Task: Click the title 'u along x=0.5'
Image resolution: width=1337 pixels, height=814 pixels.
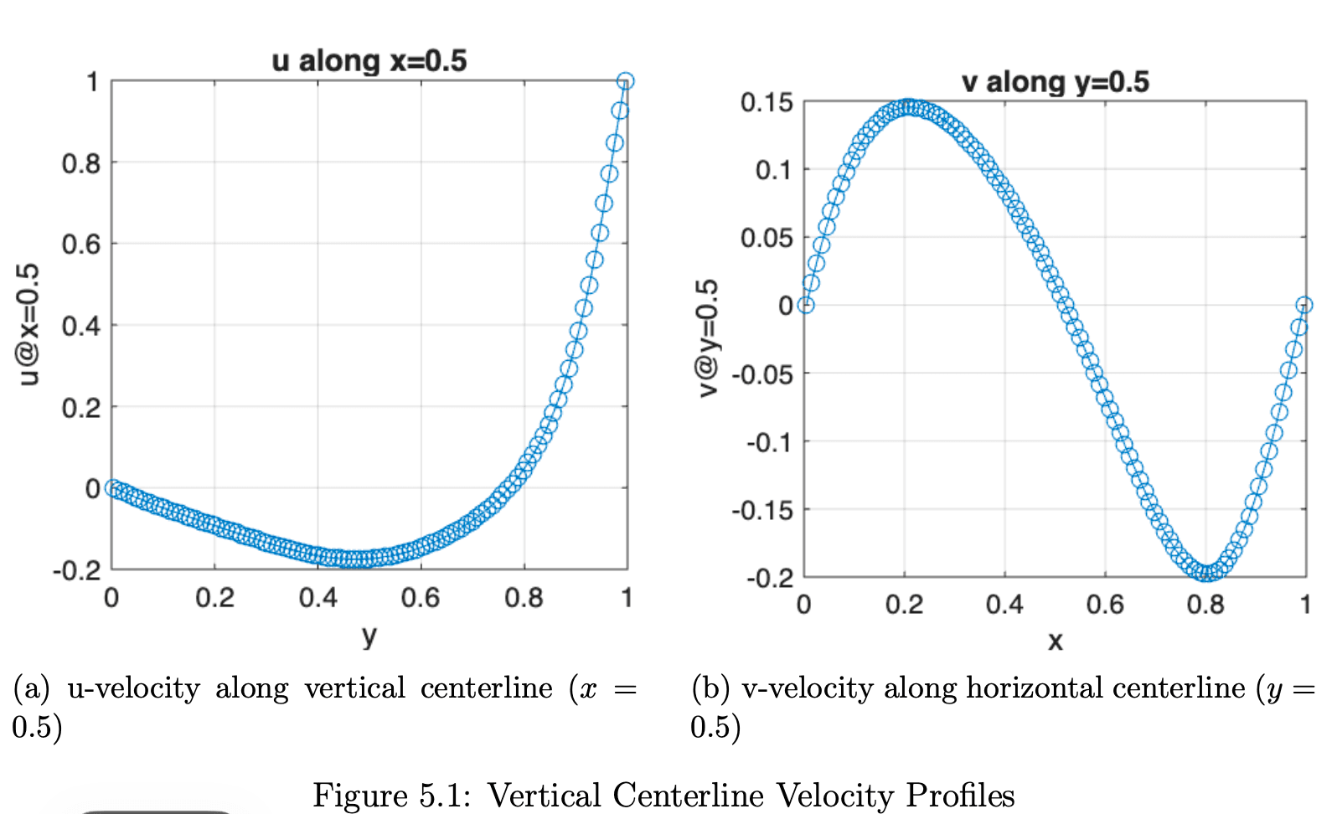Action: click(369, 61)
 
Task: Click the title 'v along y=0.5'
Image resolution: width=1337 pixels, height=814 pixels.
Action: click(1055, 82)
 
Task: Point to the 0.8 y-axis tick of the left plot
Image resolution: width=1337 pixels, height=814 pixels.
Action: click(80, 163)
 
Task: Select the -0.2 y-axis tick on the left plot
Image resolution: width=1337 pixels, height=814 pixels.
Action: click(76, 571)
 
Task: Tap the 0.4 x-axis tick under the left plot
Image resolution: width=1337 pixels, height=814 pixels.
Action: click(317, 598)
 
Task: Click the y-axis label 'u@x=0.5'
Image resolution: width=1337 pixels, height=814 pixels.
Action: click(29, 324)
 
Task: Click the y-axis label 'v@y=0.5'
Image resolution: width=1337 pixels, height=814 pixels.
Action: click(708, 337)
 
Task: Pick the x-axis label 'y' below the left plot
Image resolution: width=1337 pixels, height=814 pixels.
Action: click(369, 636)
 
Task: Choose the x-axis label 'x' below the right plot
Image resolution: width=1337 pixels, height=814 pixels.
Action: click(1055, 641)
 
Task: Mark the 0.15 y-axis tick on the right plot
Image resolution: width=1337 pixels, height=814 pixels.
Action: click(767, 103)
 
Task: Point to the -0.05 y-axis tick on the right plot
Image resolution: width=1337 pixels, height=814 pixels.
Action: click(762, 374)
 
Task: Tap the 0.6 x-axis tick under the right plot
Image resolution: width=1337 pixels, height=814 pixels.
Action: click(1105, 605)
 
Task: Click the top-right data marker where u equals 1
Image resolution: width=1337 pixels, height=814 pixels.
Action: click(625, 81)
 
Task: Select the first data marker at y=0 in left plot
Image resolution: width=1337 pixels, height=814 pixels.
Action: click(112, 488)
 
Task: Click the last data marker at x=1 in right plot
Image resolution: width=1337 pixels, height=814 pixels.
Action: click(1304, 305)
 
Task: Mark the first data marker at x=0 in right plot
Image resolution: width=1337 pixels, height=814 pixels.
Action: click(805, 305)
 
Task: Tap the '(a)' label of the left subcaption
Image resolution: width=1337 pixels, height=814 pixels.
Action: click(31, 688)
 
